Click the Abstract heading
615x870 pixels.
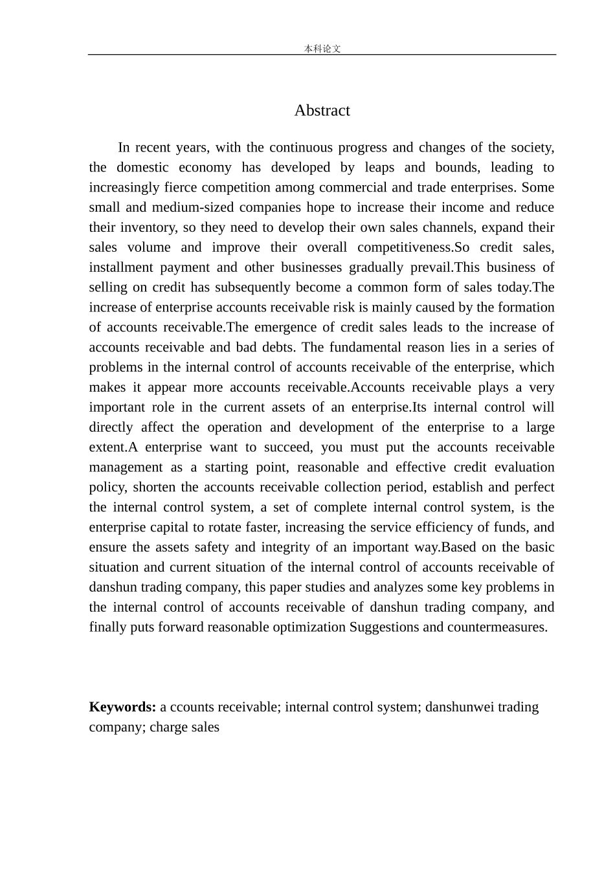(322, 111)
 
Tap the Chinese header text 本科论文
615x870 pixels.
(322, 49)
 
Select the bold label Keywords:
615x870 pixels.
(122, 707)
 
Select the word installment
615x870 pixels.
(121, 268)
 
